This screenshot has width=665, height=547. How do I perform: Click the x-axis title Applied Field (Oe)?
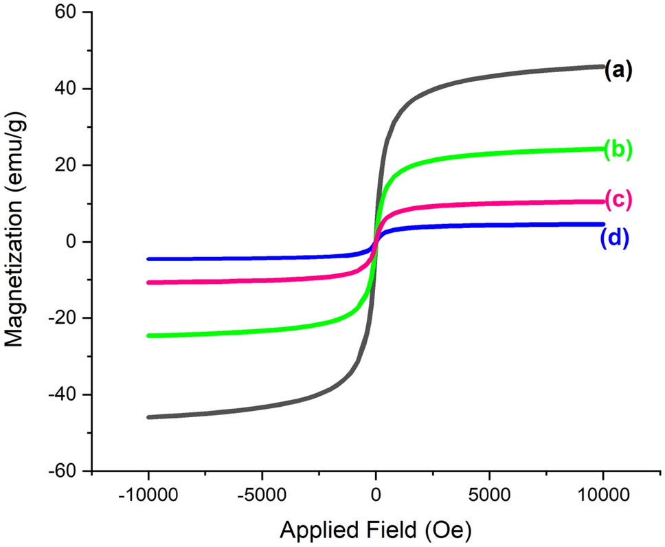point(376,530)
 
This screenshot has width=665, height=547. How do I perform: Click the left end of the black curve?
point(149,417)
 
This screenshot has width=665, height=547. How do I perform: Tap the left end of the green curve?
point(149,335)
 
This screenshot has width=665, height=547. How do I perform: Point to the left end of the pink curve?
point(149,282)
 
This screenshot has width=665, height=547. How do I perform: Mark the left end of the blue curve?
point(149,259)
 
